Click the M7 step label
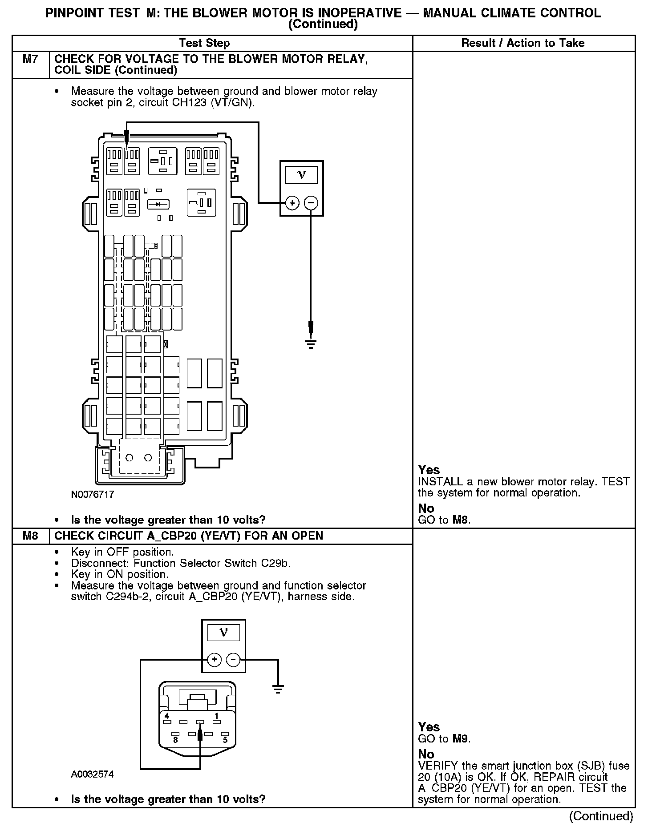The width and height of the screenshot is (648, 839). point(30,59)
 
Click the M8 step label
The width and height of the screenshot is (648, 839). point(30,536)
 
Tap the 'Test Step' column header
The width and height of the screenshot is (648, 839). point(204,43)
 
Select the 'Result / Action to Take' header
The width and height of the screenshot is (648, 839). point(523,43)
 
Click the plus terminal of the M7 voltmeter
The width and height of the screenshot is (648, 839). point(292,203)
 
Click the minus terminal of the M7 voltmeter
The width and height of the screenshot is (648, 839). point(311,203)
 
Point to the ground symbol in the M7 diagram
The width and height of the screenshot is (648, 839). point(311,343)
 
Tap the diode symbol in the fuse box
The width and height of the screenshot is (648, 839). point(158,204)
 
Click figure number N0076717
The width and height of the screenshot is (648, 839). point(93,494)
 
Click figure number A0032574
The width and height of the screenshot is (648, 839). point(93,774)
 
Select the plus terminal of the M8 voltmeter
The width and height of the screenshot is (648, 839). point(214,659)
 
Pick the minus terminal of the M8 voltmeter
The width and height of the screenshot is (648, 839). point(233,659)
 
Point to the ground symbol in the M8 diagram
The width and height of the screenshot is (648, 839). point(278,690)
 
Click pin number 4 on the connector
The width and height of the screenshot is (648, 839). point(167,716)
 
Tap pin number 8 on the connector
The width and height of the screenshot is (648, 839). point(175,740)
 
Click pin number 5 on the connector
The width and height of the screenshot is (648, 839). point(225,740)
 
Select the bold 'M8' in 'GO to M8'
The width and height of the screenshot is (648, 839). point(461,520)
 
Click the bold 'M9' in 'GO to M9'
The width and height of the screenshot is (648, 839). point(461,739)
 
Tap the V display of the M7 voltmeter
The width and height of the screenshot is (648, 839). point(302,174)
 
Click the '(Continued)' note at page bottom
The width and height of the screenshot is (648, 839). point(601,816)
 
